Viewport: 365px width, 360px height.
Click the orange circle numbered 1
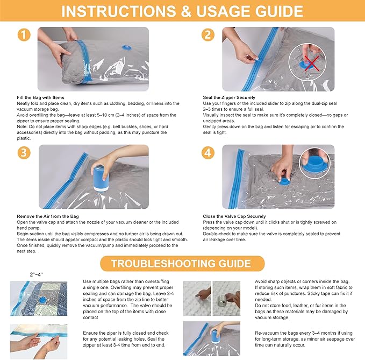click(23, 35)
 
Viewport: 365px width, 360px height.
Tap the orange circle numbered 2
click(208, 35)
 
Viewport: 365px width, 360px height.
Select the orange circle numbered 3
click(23, 152)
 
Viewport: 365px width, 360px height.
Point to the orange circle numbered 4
click(208, 152)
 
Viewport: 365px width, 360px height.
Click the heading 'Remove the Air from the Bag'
click(47, 216)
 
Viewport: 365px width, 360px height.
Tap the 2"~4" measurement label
click(37, 274)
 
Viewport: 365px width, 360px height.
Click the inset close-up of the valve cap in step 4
click(317, 161)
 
